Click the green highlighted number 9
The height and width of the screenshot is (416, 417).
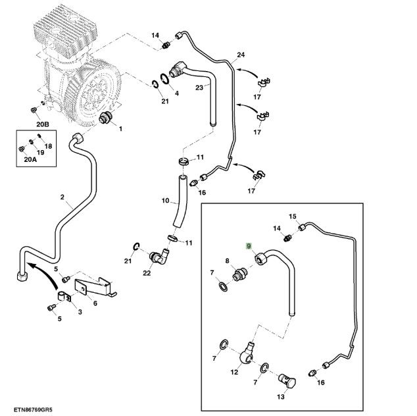coord(249,246)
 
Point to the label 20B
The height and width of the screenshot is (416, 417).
coord(43,124)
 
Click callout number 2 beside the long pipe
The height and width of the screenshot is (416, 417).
coord(62,197)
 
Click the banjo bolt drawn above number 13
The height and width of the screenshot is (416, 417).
coord(288,380)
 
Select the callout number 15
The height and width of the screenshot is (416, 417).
coord(293,217)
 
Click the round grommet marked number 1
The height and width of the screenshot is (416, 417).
coord(105,118)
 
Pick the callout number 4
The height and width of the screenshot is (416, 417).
coord(176,93)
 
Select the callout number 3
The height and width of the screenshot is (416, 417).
coord(80,312)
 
